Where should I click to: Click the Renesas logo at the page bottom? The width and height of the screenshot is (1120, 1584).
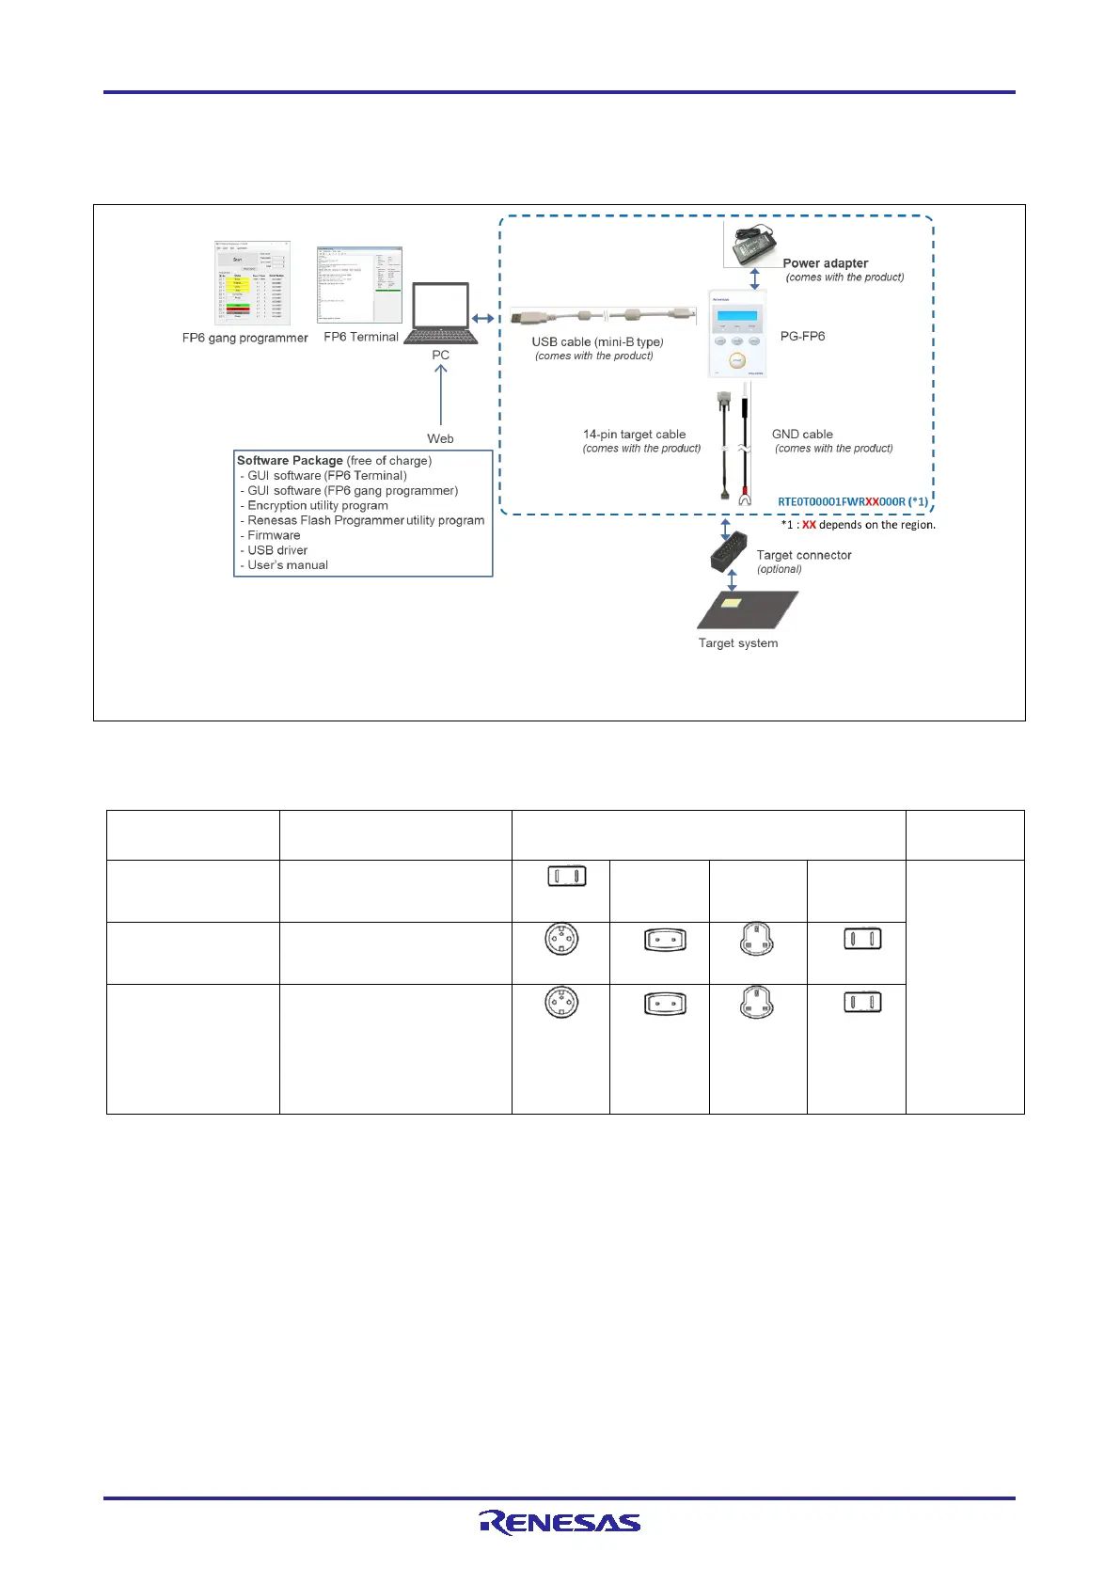560,1522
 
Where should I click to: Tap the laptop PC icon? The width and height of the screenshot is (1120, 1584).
441,314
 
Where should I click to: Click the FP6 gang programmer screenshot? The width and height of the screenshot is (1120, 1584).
252,283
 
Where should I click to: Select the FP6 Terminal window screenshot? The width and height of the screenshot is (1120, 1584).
359,285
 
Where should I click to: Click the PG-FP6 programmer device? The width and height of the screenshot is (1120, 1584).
737,333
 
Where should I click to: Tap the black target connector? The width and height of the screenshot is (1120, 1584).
728,554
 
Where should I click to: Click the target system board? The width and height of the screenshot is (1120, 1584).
747,610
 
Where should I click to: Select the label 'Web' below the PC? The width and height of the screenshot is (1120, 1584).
440,438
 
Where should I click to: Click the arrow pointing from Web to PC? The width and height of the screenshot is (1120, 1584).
440,395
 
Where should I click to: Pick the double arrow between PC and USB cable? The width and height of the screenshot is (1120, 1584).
483,319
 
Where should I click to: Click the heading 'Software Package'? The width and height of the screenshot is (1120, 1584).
290,460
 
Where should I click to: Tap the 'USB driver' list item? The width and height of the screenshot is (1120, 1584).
277,550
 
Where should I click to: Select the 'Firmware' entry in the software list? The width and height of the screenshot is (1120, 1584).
274,535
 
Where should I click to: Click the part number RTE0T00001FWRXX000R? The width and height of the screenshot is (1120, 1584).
841,501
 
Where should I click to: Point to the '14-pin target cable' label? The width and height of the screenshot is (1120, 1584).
634,435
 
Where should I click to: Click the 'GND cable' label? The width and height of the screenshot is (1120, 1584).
802,435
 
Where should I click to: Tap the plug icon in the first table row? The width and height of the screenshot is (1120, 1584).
566,877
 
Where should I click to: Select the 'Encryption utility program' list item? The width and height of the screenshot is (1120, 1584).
318,505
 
